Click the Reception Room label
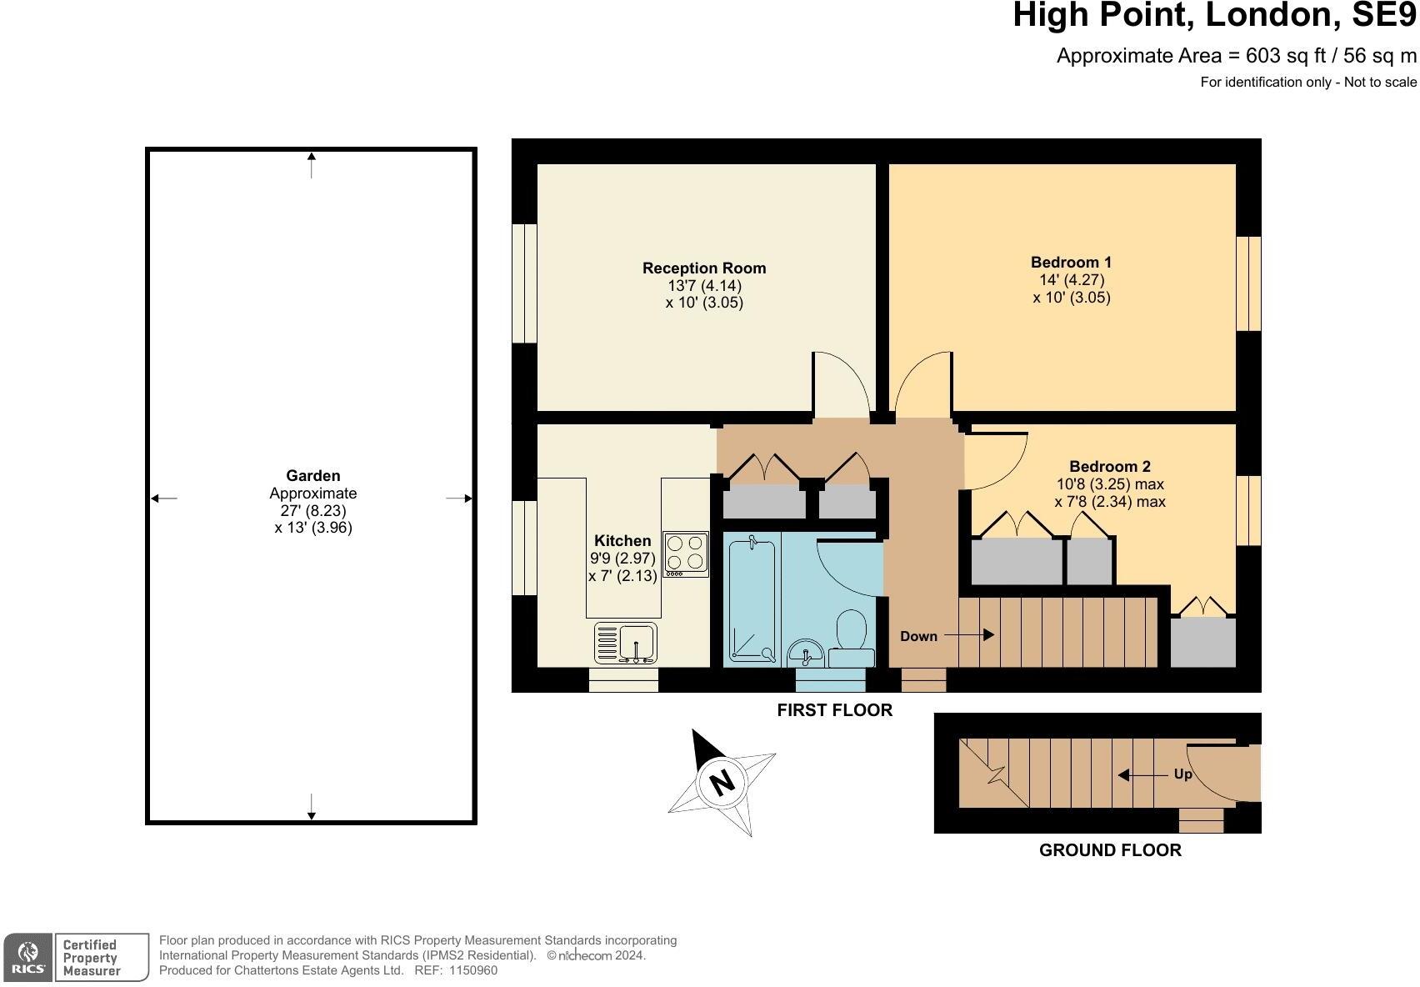coord(703,268)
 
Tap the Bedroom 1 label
coord(1071,262)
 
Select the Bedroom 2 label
coord(1109,466)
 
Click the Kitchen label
coord(622,540)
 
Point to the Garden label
coord(313,476)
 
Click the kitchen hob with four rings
coord(685,554)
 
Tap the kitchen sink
coord(625,644)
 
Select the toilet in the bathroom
coord(852,638)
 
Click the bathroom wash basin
coord(806,654)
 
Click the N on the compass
coord(722,783)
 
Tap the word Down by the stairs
coord(918,636)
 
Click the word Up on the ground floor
coord(1182,774)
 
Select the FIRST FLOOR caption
coord(834,709)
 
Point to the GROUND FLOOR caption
coord(1110,850)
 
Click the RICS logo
coord(28,957)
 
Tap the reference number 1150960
coord(472,970)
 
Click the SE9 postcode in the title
coord(1384,15)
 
